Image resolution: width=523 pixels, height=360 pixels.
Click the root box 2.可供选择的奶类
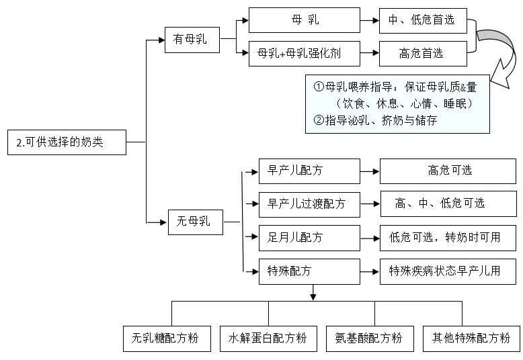click(67, 142)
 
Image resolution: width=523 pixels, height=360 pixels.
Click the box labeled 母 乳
click(305, 20)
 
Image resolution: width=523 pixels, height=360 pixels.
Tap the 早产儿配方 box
click(309, 171)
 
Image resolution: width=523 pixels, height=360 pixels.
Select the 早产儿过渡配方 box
click(309, 204)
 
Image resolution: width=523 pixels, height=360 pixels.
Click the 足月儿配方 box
click(309, 238)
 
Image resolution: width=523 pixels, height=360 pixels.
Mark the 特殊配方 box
click(309, 271)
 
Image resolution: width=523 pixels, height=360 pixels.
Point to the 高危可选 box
click(448, 171)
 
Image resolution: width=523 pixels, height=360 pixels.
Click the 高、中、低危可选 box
click(448, 204)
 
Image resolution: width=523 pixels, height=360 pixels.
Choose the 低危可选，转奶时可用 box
click(448, 238)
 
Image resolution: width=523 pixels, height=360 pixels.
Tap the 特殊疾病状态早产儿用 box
click(448, 271)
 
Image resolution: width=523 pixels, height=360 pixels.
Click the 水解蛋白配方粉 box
click(268, 338)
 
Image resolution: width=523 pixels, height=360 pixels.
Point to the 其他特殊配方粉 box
click(471, 338)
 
